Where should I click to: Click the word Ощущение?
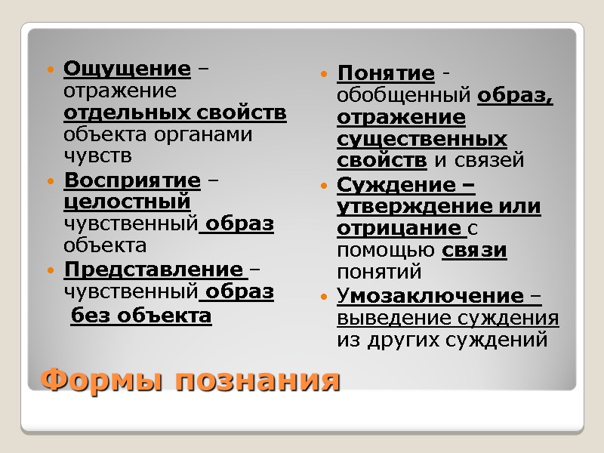[x=127, y=69]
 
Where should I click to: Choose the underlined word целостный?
[x=127, y=203]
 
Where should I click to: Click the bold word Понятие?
[x=385, y=74]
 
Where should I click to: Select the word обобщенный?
[x=405, y=97]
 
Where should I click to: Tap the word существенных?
[x=421, y=140]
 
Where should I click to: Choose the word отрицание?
[x=398, y=228]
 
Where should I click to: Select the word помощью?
[x=385, y=250]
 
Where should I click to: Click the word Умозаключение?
[x=430, y=295]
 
